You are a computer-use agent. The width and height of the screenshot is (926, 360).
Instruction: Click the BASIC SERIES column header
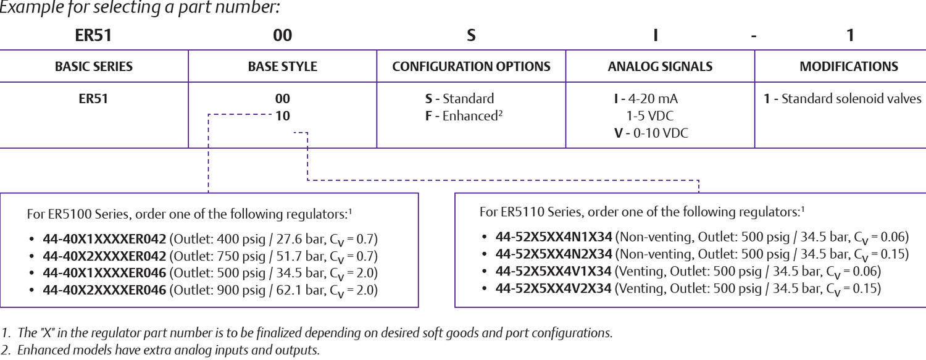(94, 67)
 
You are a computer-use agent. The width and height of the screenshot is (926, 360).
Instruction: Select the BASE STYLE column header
(282, 67)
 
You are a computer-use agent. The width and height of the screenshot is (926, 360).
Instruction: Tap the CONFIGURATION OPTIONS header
(471, 67)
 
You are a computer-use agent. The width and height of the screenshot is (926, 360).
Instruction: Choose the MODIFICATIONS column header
(849, 67)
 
